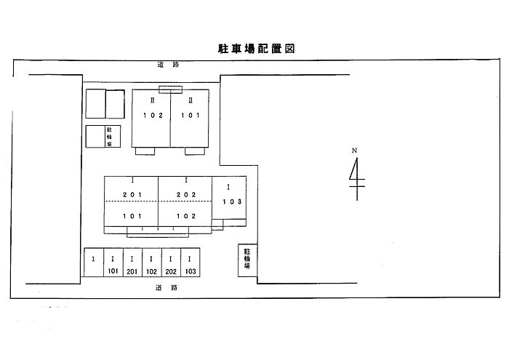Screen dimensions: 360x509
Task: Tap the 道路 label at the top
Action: pyautogui.click(x=168, y=65)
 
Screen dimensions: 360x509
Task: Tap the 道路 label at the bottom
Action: pyautogui.click(x=167, y=288)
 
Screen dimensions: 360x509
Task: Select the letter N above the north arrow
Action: pyautogui.click(x=355, y=151)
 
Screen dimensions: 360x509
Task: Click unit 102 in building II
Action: pyautogui.click(x=151, y=115)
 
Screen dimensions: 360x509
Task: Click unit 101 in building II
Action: pyautogui.click(x=190, y=115)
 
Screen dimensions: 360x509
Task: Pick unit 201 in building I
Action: pyautogui.click(x=132, y=194)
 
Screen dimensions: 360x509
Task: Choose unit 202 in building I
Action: pyautogui.click(x=186, y=194)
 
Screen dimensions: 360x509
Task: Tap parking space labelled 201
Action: pyautogui.click(x=132, y=264)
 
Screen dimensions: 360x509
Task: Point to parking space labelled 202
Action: pyautogui.click(x=170, y=264)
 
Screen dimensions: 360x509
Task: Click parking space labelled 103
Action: pyautogui.click(x=190, y=264)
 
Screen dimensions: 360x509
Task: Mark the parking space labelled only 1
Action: pyautogui.click(x=93, y=264)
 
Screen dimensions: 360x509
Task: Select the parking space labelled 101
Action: pyautogui.click(x=113, y=264)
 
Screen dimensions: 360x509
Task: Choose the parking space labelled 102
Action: pyautogui.click(x=151, y=264)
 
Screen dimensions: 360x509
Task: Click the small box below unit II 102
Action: pyautogui.click(x=145, y=151)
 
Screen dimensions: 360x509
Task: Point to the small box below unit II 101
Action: pyautogui.click(x=195, y=151)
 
